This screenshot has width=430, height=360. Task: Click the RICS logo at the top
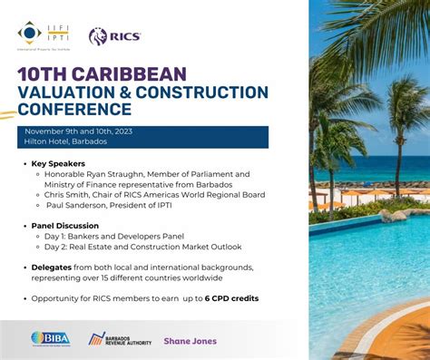[114, 35]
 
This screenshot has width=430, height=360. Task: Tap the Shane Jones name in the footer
[190, 341]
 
